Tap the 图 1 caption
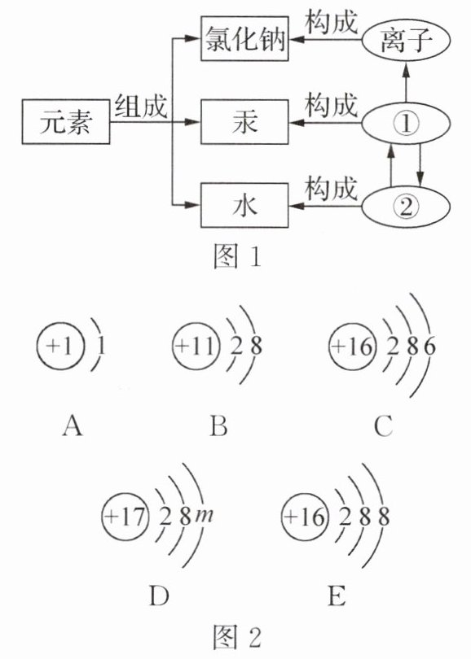237,256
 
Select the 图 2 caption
237,637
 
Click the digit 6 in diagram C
429,347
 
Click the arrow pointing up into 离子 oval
406,81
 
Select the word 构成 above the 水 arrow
332,188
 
